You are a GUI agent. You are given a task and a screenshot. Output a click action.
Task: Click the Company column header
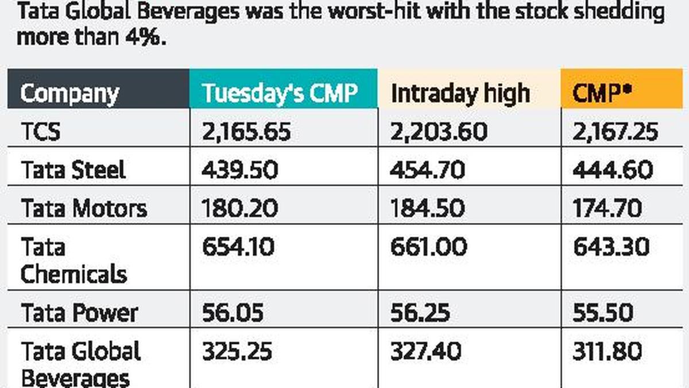(x=69, y=93)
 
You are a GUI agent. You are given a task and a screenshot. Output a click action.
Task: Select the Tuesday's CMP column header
(x=280, y=93)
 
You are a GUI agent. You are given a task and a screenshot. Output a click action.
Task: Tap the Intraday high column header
(x=460, y=93)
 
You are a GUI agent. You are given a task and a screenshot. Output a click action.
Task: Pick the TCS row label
(x=40, y=132)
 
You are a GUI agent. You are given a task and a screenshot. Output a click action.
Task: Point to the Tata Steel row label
(x=73, y=170)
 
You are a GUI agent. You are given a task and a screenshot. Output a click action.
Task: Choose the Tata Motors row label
(x=84, y=208)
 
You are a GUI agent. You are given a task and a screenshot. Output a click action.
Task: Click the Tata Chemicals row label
(x=73, y=261)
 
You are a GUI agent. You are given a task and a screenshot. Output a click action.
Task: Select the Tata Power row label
(x=79, y=313)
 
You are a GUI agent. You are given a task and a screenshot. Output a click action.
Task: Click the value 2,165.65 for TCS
(x=246, y=132)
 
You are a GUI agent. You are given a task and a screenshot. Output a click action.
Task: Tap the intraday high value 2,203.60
(x=439, y=132)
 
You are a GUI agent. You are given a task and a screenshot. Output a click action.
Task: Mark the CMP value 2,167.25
(x=615, y=132)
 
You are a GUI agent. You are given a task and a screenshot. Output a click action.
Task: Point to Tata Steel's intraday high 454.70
(x=427, y=170)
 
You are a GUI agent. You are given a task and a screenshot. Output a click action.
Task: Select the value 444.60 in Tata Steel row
(x=613, y=170)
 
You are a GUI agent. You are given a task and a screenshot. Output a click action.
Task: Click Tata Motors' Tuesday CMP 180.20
(x=239, y=208)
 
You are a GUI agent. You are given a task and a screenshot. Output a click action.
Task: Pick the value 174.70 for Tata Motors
(x=607, y=208)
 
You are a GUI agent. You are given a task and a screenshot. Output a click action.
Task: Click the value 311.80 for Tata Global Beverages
(x=607, y=351)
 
